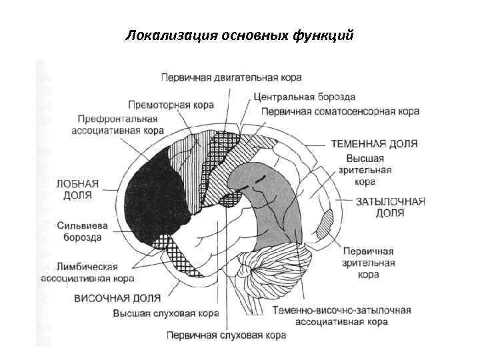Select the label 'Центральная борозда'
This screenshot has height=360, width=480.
pyautogui.click(x=304, y=97)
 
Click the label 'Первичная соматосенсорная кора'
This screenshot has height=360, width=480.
pyautogui.click(x=340, y=111)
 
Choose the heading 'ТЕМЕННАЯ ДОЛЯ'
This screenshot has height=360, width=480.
pyautogui.click(x=374, y=143)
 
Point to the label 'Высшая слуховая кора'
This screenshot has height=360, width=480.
pyautogui.click(x=166, y=313)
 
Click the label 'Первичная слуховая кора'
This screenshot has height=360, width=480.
pyautogui.click(x=226, y=335)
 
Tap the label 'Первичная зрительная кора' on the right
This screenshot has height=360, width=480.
pyautogui.click(x=369, y=262)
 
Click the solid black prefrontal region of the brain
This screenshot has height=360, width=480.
pyautogui.click(x=151, y=193)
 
